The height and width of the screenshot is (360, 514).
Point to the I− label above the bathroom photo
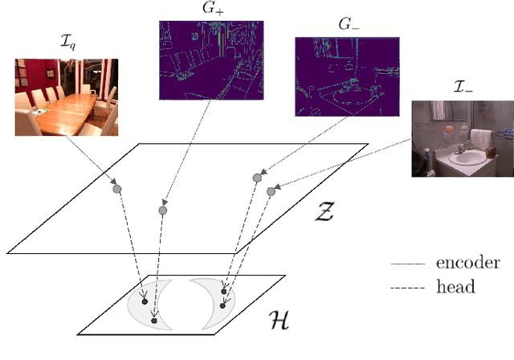point(441,88)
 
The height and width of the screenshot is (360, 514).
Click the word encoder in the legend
point(467,263)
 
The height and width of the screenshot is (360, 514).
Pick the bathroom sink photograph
point(462,139)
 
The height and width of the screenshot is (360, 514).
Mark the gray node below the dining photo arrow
point(117,189)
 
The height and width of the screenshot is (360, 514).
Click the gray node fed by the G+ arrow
point(162,211)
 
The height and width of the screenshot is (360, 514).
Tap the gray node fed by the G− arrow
point(257,178)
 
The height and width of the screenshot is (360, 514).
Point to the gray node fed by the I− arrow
point(271,191)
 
